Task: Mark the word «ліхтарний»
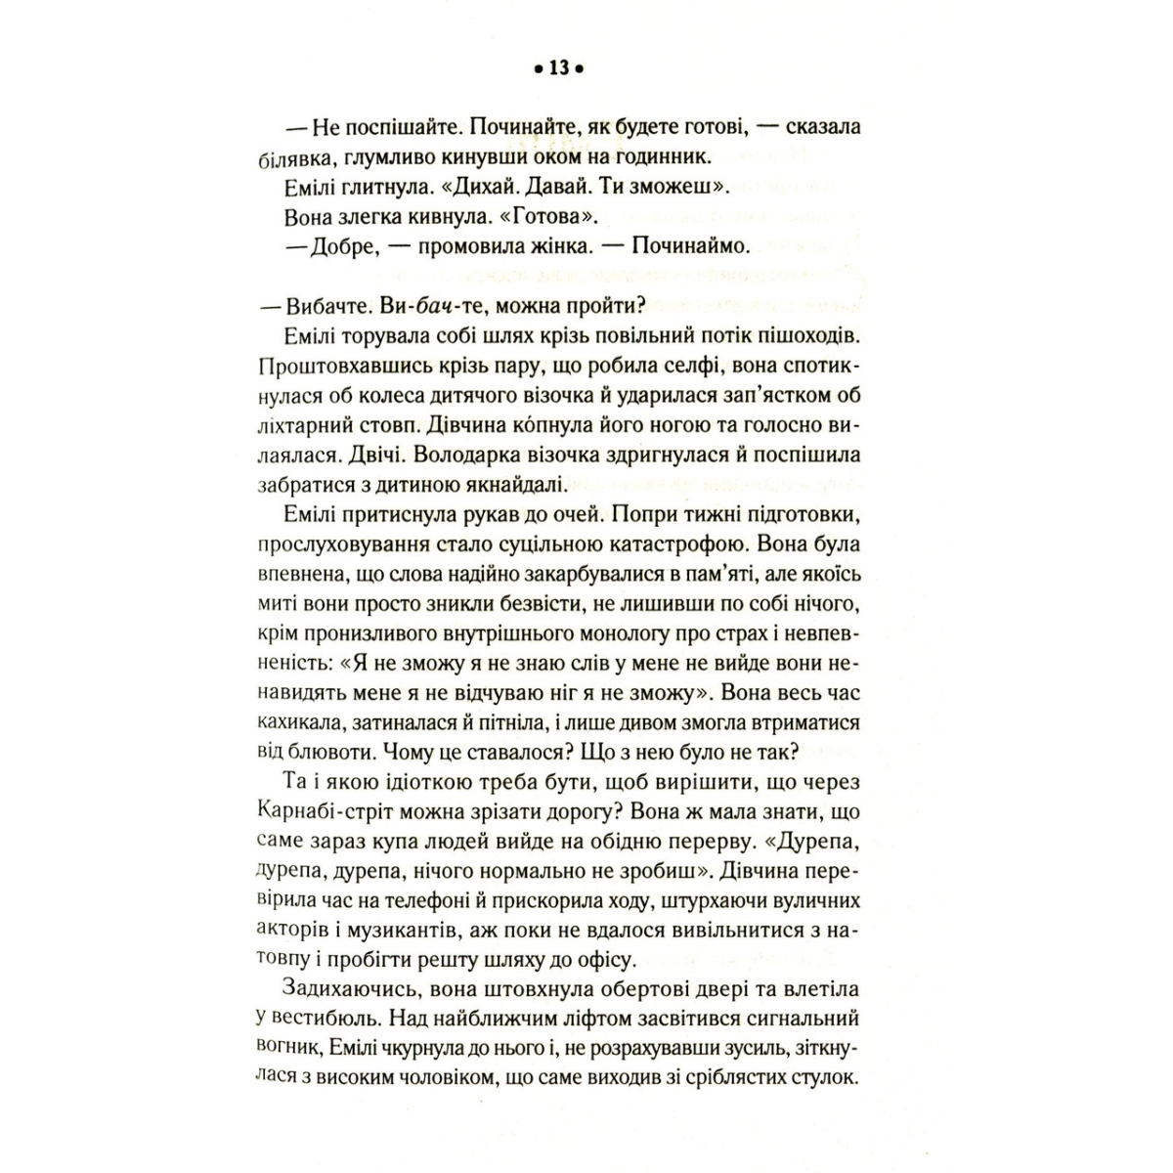(302, 426)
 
